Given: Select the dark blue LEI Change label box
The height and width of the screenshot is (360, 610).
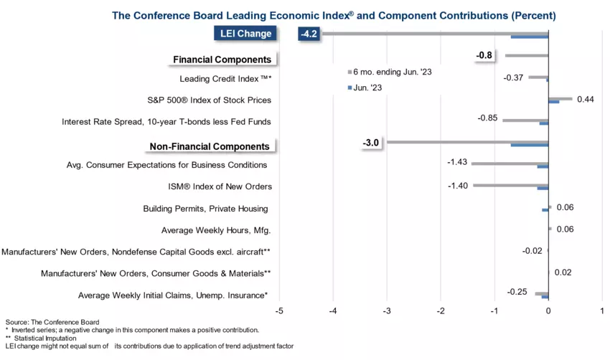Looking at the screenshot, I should [x=245, y=34].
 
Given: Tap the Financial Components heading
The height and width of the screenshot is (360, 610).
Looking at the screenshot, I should [x=222, y=60].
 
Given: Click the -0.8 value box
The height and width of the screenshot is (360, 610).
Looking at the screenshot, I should [x=484, y=55].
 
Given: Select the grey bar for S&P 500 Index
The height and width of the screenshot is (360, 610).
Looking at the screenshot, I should [x=560, y=98].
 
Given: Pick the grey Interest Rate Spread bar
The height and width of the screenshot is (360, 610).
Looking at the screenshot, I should [x=525, y=120].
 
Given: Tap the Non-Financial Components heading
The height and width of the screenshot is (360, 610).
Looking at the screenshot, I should [x=210, y=146].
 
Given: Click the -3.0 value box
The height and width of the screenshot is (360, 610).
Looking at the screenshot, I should [x=372, y=142].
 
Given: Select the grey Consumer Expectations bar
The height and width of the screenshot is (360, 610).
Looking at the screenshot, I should [x=510, y=164].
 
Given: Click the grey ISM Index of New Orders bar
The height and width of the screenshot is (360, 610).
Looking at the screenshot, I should [x=510, y=185].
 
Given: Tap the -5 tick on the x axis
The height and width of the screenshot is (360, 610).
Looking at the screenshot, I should [x=278, y=311].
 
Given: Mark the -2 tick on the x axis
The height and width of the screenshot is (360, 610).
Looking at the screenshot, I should [x=440, y=311].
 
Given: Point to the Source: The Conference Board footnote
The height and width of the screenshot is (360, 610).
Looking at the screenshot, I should [x=52, y=322].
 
